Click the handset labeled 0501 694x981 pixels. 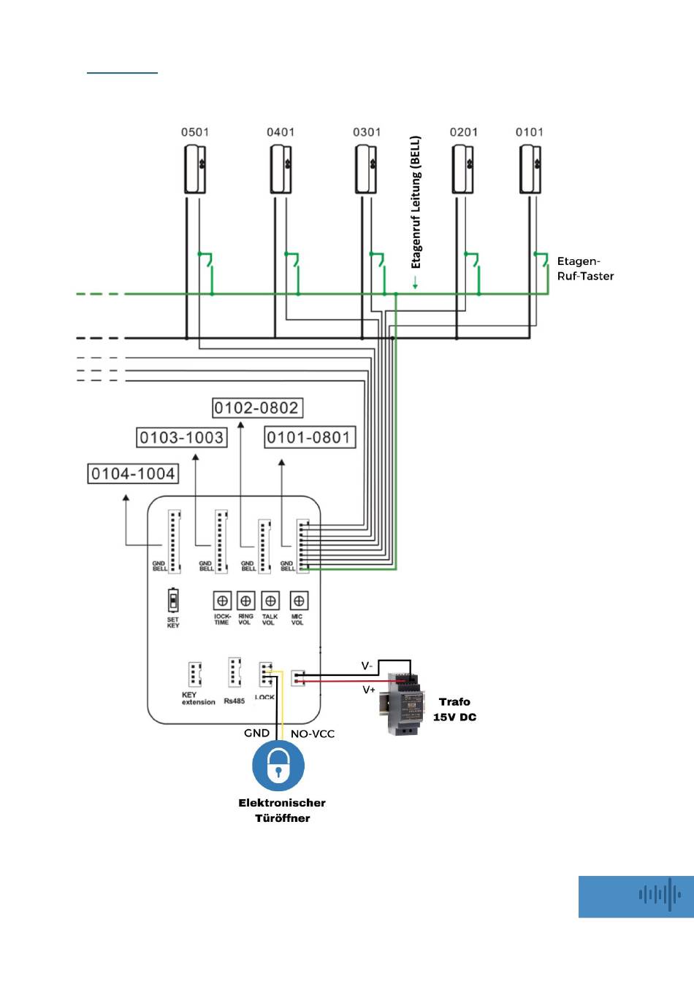point(195,169)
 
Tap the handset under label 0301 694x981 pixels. point(367,169)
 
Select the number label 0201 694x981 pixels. point(463,132)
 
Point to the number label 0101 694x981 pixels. point(529,132)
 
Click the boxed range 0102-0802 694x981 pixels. point(256,408)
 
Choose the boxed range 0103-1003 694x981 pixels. point(181,438)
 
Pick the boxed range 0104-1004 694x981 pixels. point(133,474)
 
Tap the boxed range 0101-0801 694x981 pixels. point(309,438)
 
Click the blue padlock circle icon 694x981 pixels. point(278,766)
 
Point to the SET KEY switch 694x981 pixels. point(173,601)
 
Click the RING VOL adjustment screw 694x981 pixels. point(246,601)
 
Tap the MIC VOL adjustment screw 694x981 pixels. point(298,601)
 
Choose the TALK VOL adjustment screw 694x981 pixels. point(270,601)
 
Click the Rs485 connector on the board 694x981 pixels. point(234,672)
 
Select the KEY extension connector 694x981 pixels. point(194,674)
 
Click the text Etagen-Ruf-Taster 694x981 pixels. point(584,269)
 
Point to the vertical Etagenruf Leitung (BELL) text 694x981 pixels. point(416,202)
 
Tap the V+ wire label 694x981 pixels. point(369,690)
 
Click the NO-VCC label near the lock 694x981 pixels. point(313,734)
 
